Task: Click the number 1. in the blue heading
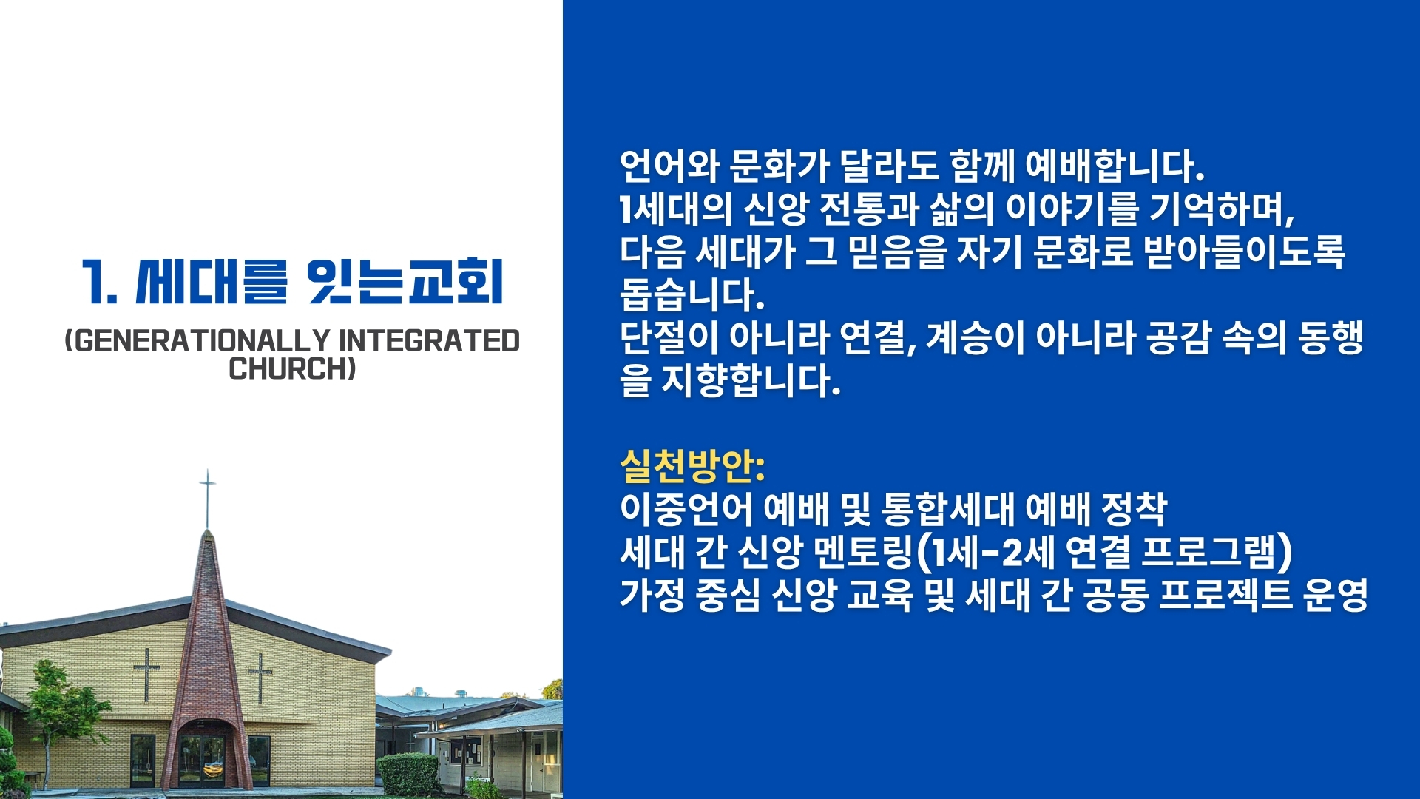pos(99,282)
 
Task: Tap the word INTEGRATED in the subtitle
pos(429,341)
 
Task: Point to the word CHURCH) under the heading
pos(292,368)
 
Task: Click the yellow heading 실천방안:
pos(692,465)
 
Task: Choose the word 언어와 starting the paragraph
pos(669,166)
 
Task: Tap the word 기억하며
pos(1221,209)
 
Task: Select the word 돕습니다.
pos(692,295)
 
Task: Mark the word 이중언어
pos(686,508)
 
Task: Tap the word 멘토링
pos(863,552)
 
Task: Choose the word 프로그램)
pos(1217,552)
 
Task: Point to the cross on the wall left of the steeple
pos(146,673)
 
